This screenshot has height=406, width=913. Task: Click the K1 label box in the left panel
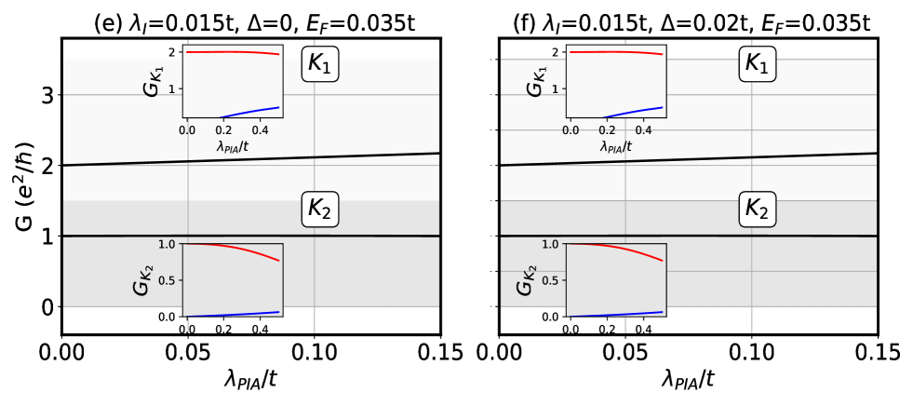pos(320,64)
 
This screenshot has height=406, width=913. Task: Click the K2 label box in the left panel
pos(320,210)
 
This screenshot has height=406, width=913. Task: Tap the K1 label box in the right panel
pos(758,64)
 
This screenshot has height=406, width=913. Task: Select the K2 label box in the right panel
pos(758,210)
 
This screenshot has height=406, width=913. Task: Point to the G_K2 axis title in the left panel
pos(141,279)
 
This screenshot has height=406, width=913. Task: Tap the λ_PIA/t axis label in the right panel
pos(616,146)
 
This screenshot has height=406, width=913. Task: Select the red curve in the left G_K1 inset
pos(233,52)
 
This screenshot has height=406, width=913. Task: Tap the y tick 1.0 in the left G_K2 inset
pos(167,244)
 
